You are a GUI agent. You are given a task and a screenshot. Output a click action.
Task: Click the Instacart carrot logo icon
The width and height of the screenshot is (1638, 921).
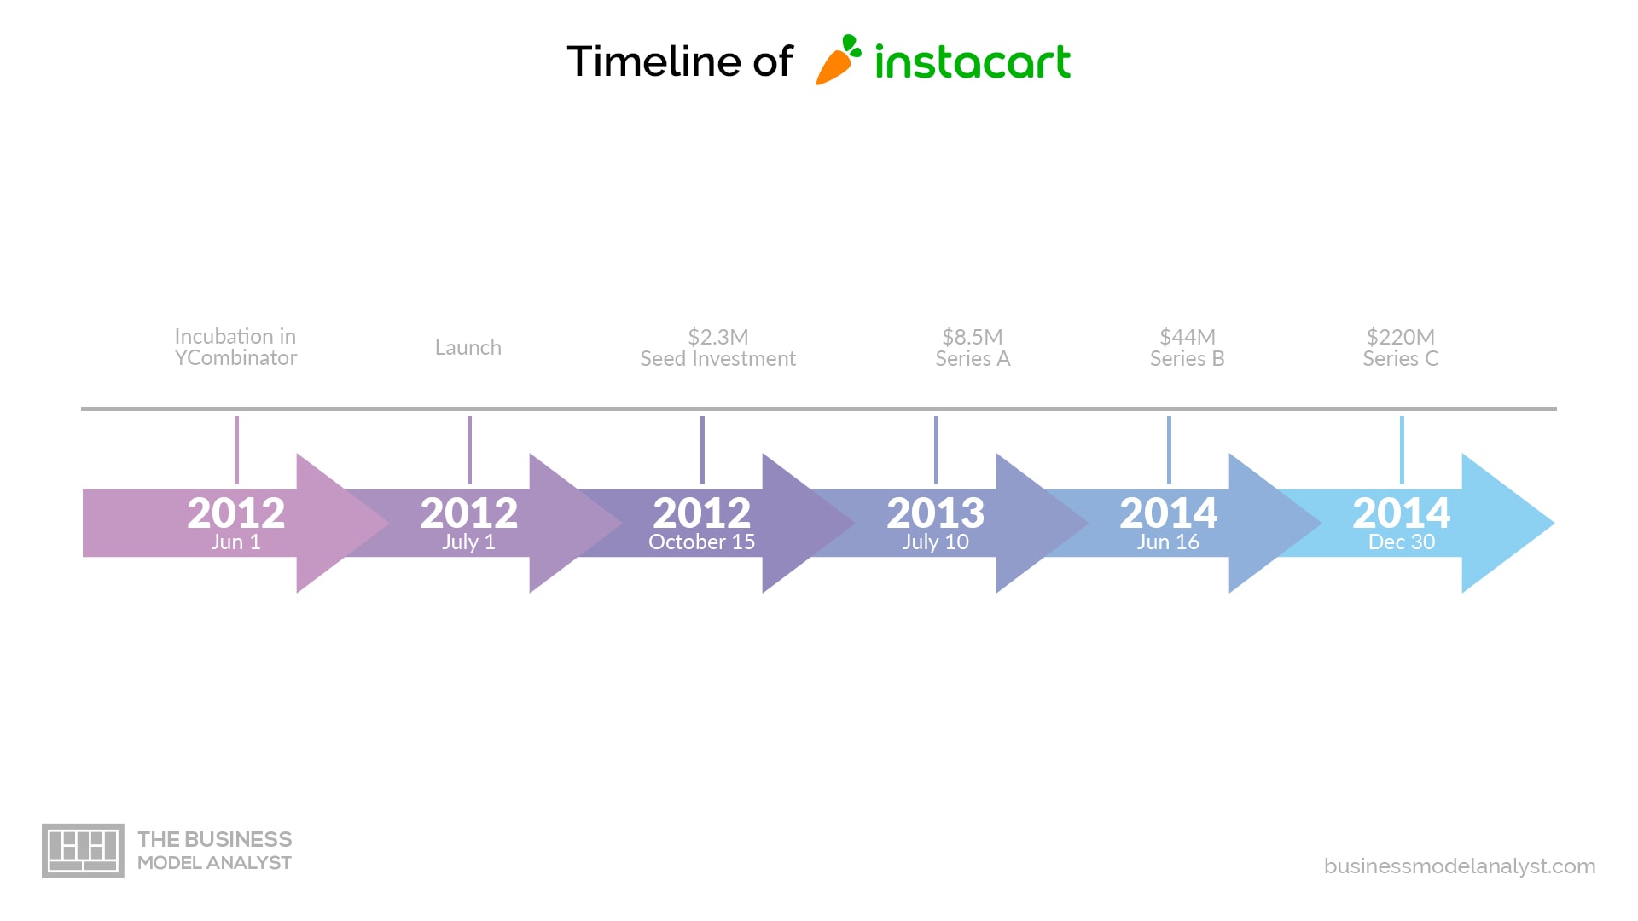click(838, 60)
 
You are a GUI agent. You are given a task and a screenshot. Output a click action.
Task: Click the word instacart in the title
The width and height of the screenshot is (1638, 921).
click(973, 62)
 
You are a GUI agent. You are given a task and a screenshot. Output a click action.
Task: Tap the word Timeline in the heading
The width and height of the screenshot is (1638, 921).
click(654, 61)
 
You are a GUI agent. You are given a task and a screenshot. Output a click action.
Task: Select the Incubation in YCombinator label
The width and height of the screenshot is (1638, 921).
click(235, 347)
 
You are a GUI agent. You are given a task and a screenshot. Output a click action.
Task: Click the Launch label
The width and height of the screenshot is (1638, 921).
click(468, 347)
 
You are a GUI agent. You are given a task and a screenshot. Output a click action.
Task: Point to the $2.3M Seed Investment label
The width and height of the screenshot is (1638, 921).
click(718, 347)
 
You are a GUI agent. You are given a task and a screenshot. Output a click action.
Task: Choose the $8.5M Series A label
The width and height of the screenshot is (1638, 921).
click(973, 347)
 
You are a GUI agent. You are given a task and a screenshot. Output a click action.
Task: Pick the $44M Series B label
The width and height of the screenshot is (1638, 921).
click(1188, 347)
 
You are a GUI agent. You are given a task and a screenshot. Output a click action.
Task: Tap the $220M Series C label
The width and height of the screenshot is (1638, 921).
click(1401, 347)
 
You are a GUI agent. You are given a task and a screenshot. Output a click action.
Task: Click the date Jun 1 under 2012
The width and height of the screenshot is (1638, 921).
click(235, 542)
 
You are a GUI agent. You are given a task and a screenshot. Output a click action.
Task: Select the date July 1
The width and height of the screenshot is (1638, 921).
click(468, 542)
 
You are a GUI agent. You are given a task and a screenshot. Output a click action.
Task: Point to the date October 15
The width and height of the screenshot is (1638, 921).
click(702, 542)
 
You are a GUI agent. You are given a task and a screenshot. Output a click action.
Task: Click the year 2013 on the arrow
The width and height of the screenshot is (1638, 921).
click(936, 513)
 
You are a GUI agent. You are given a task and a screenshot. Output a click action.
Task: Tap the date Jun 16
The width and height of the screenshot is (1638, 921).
click(1168, 542)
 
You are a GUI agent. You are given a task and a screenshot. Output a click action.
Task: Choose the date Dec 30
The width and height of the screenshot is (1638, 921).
click(1402, 542)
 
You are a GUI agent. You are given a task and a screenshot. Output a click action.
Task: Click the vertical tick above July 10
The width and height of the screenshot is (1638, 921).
click(936, 450)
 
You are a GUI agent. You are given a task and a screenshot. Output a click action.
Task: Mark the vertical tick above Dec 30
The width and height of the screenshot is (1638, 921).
click(1402, 450)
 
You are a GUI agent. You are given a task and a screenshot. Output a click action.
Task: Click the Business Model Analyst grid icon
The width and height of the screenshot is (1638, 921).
click(83, 851)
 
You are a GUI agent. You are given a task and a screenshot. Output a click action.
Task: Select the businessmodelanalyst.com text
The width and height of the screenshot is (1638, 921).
click(1460, 866)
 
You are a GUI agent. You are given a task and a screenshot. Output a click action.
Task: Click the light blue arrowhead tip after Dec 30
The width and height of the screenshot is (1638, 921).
click(1554, 523)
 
